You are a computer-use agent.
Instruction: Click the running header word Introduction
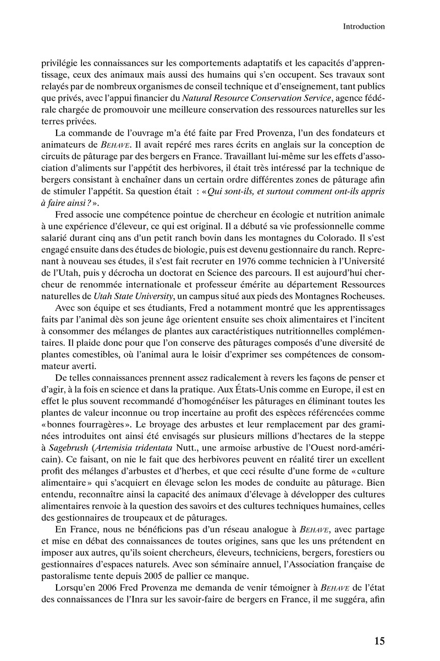(x=364, y=26)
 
